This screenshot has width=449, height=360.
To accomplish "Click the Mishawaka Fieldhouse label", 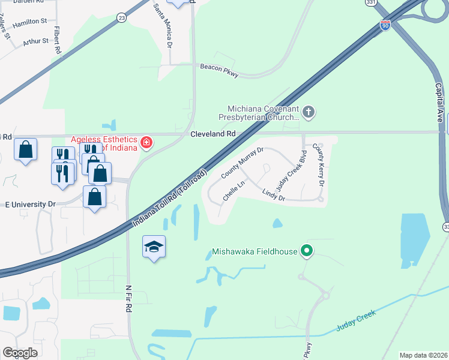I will coord(255,251).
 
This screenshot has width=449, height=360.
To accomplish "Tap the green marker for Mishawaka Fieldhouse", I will coord(307,251).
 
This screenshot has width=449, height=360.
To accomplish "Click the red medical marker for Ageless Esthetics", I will coord(146,143).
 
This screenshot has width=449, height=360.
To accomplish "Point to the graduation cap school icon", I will coord(154,247).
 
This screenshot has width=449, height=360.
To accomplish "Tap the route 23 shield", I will coord(122,18).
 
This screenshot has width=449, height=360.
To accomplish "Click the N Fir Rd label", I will coord(128,298).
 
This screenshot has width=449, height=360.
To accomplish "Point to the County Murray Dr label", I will coord(242,163).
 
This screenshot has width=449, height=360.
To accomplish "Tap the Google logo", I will coord(20,353).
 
